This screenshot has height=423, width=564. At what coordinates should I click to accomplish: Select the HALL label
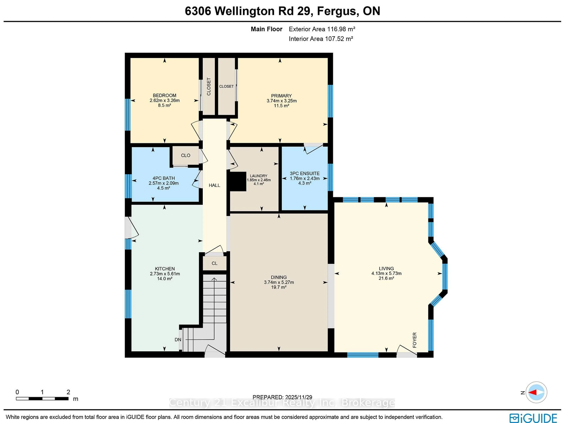point(214,185)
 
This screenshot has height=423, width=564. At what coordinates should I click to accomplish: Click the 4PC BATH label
point(163,178)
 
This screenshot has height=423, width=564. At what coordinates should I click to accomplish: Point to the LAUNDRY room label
point(258,176)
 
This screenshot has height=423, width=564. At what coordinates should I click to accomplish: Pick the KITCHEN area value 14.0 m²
point(164,279)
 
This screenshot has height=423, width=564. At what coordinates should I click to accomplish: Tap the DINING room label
point(279,277)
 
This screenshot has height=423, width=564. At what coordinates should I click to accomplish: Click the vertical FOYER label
point(415,340)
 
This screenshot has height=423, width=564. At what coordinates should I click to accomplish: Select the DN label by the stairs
point(178,340)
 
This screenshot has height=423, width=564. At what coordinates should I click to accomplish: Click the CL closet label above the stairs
point(214,263)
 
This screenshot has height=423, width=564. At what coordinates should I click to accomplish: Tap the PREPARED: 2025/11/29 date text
point(282,397)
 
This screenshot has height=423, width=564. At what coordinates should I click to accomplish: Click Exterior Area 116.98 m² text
point(322,29)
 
